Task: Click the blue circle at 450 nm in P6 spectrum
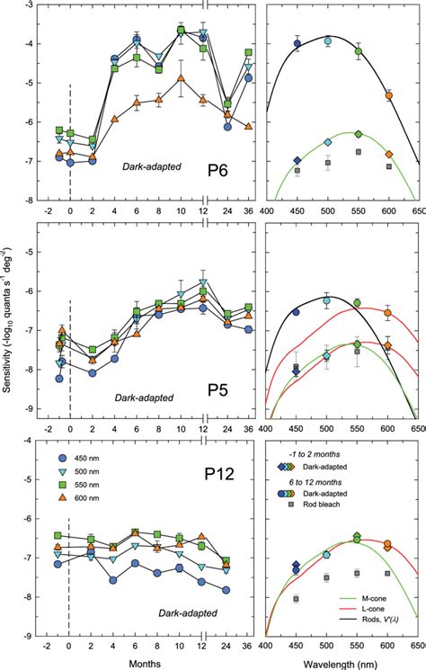[297, 43]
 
